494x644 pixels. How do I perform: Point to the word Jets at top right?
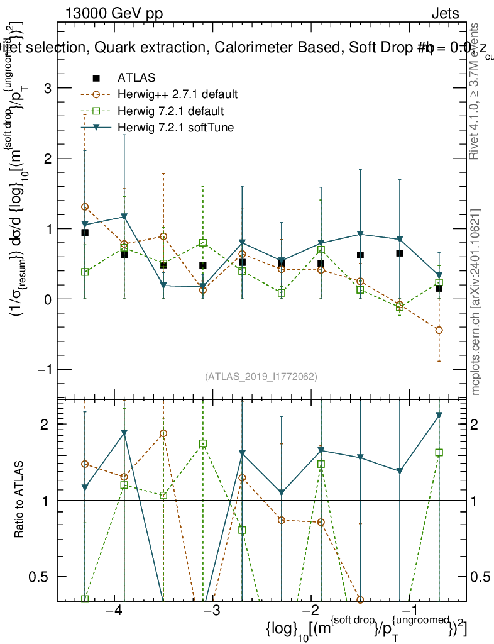tap(444, 13)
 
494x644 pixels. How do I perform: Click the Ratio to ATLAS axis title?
tap(19, 500)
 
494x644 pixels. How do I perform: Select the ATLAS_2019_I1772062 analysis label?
tap(261, 377)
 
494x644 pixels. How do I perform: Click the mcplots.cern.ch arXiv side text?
tap(476, 302)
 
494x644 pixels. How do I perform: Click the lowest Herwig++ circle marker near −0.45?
tap(439, 330)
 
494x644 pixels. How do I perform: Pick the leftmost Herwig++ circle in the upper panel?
tap(85, 207)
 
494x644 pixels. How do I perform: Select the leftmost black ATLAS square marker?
tap(85, 233)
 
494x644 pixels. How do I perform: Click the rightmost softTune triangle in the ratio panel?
tap(439, 415)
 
